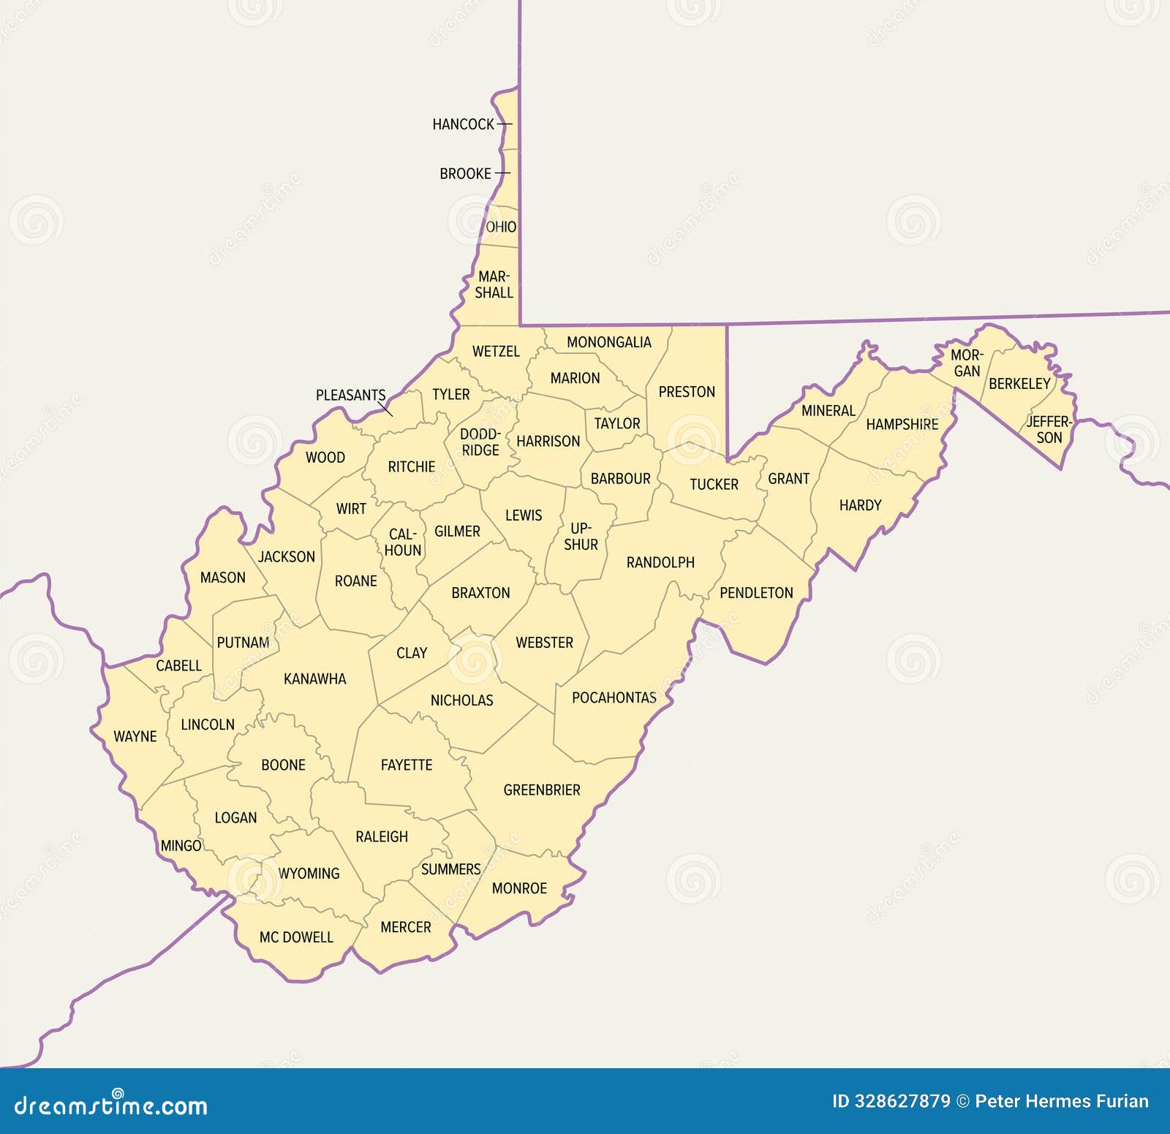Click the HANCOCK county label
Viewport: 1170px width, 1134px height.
pos(464,124)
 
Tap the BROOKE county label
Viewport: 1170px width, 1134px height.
pos(465,174)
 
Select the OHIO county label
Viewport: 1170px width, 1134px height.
pos(501,227)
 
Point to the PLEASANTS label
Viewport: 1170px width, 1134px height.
pos(350,395)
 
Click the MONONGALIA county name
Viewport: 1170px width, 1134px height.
pos(608,342)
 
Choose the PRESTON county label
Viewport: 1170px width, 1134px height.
pos(687,392)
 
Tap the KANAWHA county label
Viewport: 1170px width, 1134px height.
pos(314,678)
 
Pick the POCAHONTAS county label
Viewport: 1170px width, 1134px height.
pos(614,698)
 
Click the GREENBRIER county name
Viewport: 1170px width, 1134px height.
pos(542,790)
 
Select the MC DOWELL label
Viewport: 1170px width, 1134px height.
pos(296,937)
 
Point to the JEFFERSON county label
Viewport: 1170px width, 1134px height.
pos(1049,430)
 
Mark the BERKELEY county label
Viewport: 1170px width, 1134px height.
pos(1019,383)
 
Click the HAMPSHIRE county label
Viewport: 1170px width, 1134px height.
pos(902,424)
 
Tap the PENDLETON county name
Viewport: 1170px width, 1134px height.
pos(756,593)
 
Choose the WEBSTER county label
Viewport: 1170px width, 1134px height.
pos(544,643)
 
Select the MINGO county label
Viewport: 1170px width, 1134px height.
pos(181,845)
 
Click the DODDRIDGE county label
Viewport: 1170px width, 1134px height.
pos(480,442)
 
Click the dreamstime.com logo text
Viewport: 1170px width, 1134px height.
pos(111,1105)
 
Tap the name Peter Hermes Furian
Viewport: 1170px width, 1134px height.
pos(1062,1101)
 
